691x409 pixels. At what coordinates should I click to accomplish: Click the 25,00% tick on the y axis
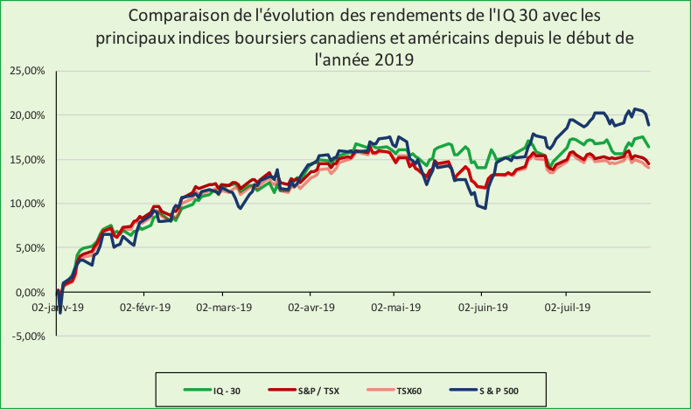(29, 71)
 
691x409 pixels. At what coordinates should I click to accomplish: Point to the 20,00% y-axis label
(29, 115)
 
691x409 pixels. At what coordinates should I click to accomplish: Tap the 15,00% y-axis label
(29, 160)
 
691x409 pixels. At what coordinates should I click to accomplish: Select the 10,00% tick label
(29, 204)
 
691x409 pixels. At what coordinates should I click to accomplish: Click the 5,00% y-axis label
(31, 248)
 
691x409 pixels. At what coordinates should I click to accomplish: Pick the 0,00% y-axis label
(31, 293)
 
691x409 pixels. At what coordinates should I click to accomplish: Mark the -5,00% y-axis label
(30, 336)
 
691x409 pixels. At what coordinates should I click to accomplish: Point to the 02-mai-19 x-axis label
(397, 307)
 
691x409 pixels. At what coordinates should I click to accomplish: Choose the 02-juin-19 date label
(482, 307)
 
